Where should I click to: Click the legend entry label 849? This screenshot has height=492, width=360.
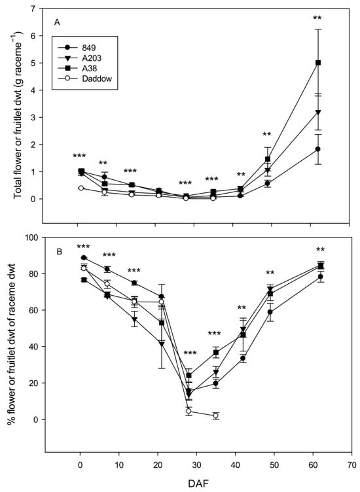point(89,48)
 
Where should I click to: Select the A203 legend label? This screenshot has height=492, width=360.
point(92,58)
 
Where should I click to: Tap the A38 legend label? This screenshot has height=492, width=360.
point(90,68)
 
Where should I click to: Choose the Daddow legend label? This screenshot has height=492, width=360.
point(97,79)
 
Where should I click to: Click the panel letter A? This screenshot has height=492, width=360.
point(57,22)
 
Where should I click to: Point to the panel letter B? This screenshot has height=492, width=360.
point(60,251)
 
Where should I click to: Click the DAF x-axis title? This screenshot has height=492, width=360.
point(198,483)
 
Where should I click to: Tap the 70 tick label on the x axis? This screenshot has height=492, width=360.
point(352,465)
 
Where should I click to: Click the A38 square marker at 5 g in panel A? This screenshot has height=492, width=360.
point(318,63)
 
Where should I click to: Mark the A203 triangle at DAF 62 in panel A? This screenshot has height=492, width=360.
point(318,113)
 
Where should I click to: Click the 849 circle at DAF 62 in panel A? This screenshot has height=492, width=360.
point(318,149)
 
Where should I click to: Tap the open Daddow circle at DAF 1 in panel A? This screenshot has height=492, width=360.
point(81,188)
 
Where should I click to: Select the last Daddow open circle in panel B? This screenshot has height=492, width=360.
point(215,415)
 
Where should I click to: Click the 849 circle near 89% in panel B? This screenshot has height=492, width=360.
point(84,258)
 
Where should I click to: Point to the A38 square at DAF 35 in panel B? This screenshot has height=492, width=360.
point(215,353)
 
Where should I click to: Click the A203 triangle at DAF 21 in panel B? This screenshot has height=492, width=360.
point(162,344)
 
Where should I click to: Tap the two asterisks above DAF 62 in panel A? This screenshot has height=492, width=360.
point(317,18)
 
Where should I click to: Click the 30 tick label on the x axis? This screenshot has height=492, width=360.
point(196,465)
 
